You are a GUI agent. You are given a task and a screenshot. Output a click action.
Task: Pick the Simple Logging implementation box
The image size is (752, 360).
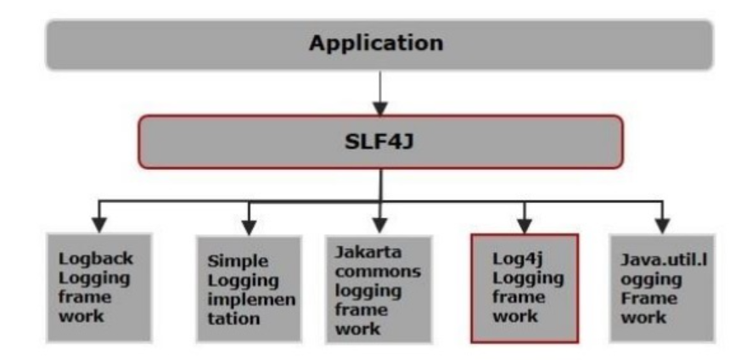(x=248, y=289)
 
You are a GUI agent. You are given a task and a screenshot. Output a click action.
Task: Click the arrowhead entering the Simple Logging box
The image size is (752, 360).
(x=249, y=228)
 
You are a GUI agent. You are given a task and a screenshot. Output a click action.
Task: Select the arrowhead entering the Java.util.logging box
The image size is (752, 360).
(x=663, y=228)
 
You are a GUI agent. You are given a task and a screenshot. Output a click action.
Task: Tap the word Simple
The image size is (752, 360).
(x=230, y=262)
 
